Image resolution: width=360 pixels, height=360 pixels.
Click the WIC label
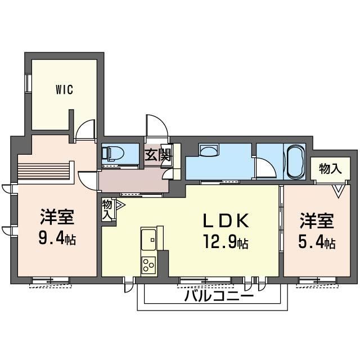point(65,89)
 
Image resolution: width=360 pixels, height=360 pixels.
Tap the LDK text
point(226,220)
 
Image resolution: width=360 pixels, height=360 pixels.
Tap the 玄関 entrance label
point(158,155)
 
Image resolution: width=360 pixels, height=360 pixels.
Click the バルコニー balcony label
point(219,296)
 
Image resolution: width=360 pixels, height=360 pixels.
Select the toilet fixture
point(112,152)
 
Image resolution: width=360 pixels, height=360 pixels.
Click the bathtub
point(295,161)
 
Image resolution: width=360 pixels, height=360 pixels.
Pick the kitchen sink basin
point(148,240)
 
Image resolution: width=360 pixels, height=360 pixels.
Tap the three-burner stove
point(148,265)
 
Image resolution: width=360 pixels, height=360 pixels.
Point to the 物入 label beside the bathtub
point(330,169)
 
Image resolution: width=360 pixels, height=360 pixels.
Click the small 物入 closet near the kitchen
point(107,210)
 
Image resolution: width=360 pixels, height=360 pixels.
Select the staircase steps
point(44,171)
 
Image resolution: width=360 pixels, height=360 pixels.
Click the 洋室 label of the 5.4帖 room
point(317,220)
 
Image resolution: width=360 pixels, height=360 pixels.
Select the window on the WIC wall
point(28,83)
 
